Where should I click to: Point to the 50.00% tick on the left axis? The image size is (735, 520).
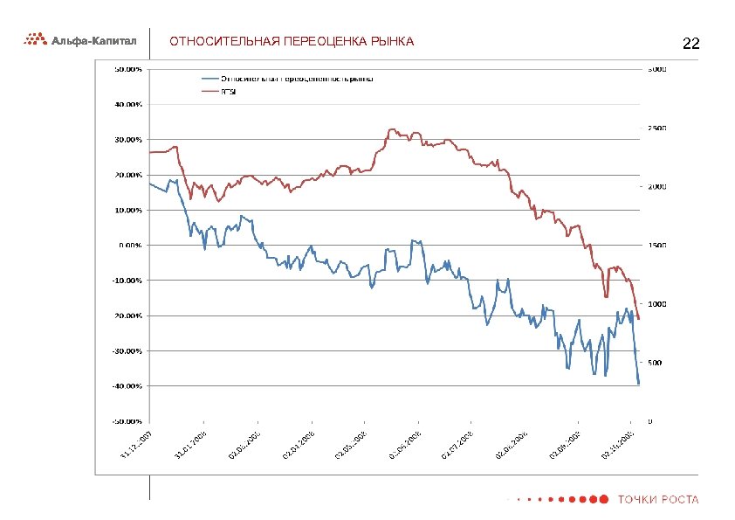(x=128, y=69)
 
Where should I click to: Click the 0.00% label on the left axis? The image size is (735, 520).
(x=130, y=246)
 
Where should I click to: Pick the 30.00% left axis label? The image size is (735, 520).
(x=128, y=140)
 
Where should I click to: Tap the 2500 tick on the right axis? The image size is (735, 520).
(x=656, y=128)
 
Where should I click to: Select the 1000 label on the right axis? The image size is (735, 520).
(x=656, y=304)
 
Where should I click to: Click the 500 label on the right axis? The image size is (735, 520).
(x=654, y=363)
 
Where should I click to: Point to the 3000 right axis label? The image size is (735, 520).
(x=656, y=69)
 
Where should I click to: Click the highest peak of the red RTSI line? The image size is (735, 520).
(x=391, y=129)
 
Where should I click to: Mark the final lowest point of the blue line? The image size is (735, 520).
(x=639, y=384)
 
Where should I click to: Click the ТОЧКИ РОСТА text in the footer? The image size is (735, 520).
(x=658, y=500)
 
